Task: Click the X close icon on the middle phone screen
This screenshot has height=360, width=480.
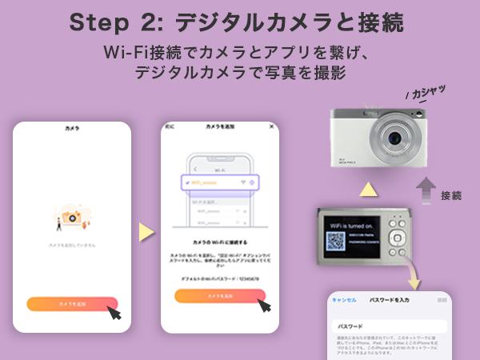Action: click(271, 127)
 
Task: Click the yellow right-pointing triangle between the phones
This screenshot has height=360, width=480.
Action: click(146, 232)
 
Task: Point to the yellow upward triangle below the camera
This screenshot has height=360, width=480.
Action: click(367, 190)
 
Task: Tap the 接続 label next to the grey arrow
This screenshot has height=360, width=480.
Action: click(451, 194)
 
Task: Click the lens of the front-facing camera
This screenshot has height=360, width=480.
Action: click(393, 138)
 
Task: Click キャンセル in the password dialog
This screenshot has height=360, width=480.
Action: click(344, 300)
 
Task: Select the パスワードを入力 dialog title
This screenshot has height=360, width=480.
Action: click(389, 300)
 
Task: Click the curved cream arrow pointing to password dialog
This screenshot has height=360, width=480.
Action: click(413, 277)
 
